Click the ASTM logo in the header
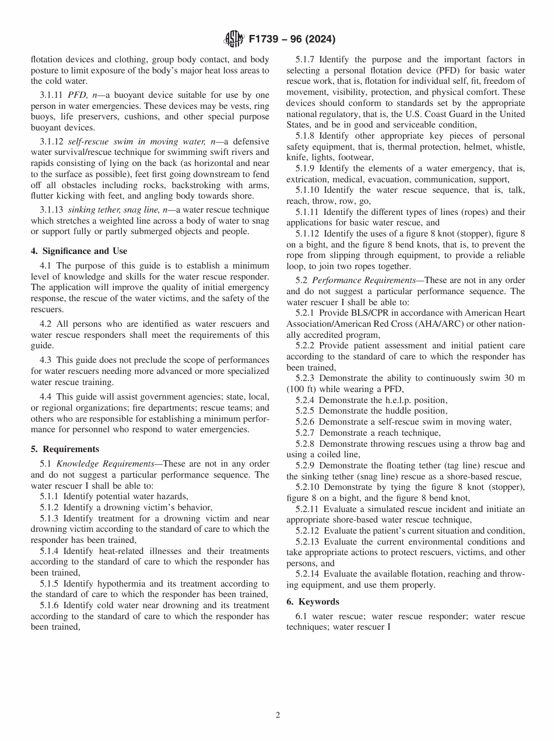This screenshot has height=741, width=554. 234,40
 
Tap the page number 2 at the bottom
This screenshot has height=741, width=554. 278,715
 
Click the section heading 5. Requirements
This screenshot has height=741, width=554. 65,449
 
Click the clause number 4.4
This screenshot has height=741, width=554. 47,397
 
